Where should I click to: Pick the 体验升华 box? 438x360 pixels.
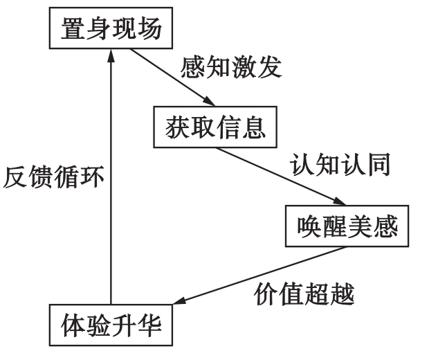110,323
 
